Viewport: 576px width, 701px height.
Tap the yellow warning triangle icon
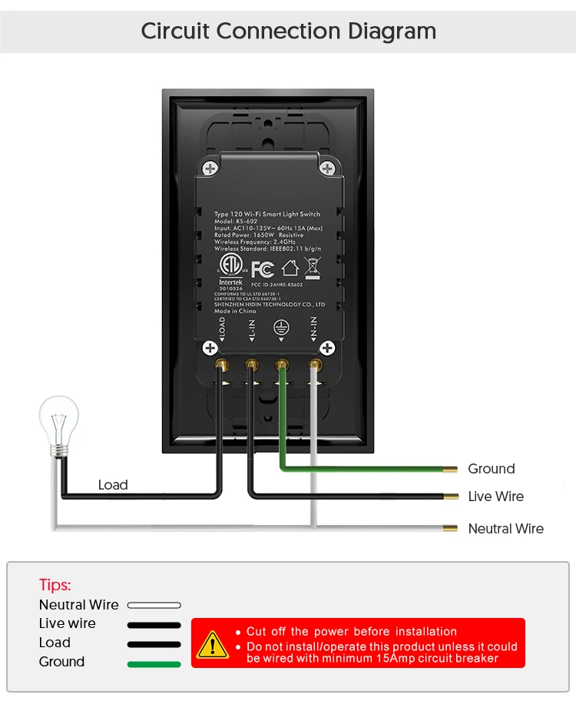[213, 644]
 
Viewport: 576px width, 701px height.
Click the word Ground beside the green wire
[492, 469]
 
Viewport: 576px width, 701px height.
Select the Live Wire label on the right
[496, 497]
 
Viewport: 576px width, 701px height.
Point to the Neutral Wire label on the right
[506, 529]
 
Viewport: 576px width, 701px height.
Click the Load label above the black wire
[113, 485]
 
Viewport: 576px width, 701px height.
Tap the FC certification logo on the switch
[262, 269]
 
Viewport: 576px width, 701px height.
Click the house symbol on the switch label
[290, 268]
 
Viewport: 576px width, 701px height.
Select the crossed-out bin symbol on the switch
[312, 267]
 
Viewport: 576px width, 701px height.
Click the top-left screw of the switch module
[209, 168]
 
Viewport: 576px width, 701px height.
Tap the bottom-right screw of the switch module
[327, 348]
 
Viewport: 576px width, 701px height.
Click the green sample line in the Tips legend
[154, 663]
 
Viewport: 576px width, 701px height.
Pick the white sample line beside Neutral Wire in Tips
[154, 606]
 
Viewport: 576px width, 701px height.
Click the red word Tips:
[55, 585]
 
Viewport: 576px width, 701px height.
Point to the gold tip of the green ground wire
[452, 468]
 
